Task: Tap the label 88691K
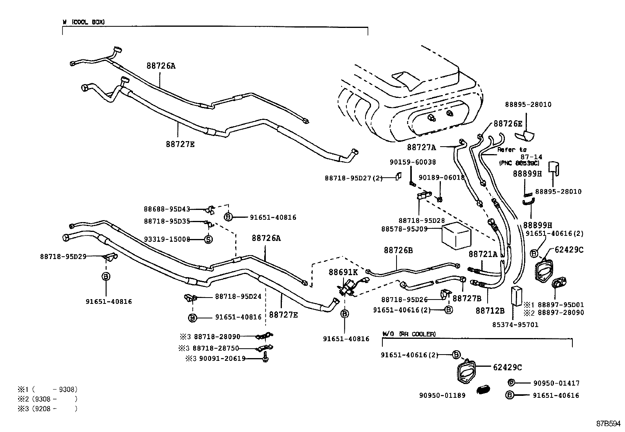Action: pos(343,272)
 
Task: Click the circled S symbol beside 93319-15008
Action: pos(208,239)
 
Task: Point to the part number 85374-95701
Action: pos(515,325)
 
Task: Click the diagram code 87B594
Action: pos(608,424)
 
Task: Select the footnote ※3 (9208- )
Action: pos(48,409)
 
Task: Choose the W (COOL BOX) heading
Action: pos(84,22)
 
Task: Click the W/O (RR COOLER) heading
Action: pos(409,334)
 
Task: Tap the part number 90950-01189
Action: pos(442,395)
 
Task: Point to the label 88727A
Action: pos(421,147)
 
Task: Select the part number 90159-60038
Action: pos(413,162)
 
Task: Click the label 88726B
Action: pos(398,250)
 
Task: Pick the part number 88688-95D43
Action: pos(167,209)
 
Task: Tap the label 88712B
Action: pos(490,311)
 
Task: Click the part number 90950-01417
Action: pos(556,383)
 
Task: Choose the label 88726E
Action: pos(508,123)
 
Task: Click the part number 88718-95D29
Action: pos(63,256)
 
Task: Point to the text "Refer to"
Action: pos(512,150)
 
